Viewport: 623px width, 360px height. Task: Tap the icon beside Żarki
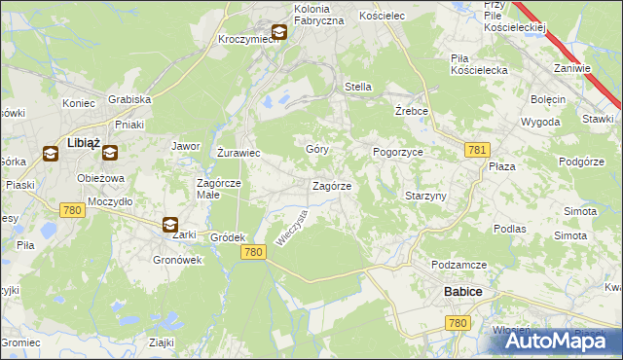point(170,225)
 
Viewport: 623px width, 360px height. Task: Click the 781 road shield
point(476,149)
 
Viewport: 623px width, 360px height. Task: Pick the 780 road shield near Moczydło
point(71,208)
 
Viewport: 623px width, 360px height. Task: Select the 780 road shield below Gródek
point(253,252)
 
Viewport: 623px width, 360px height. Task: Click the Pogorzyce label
point(397,153)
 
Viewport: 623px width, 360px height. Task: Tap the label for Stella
point(358,87)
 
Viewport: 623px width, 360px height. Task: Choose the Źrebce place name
point(413,111)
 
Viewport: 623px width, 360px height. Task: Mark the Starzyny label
point(425,196)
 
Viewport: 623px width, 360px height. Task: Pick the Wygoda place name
point(540,123)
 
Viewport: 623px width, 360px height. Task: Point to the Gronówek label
point(177,260)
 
